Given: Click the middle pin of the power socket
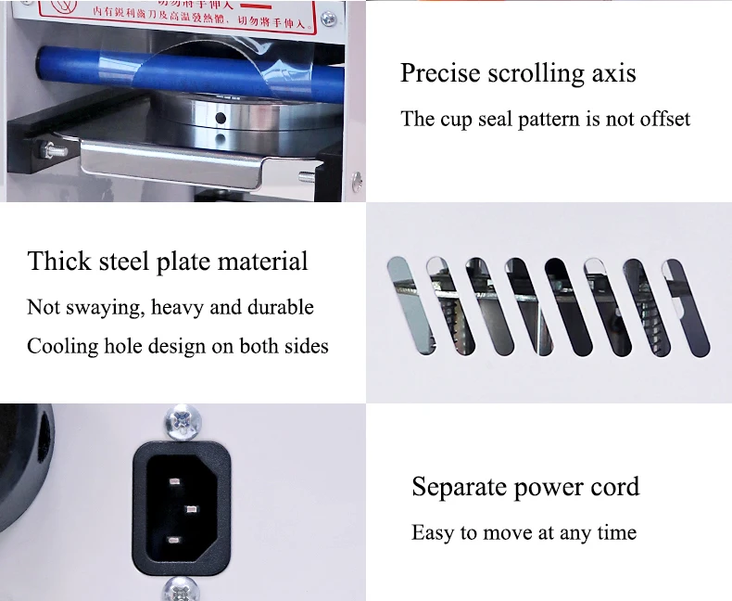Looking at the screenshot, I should tap(192, 507).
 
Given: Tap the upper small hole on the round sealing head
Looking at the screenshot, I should tap(220, 119).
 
